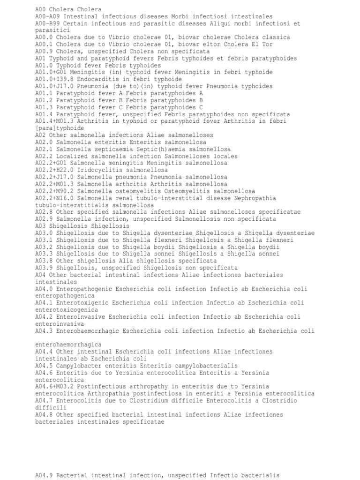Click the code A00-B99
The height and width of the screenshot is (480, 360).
47,23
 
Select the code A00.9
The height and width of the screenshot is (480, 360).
44,51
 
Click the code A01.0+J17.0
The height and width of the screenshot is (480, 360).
54,86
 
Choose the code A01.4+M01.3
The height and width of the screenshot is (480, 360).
54,121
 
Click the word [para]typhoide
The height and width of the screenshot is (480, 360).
60,128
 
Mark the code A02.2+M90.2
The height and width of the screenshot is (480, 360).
54,191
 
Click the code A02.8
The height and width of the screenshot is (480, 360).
44,212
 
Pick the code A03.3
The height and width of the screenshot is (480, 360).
44,254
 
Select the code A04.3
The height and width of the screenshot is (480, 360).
44,331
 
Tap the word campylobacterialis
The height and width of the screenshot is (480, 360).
206,366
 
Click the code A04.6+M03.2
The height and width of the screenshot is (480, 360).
54,387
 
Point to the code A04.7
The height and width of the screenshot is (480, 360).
44,401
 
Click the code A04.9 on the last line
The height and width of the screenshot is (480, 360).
44,475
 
